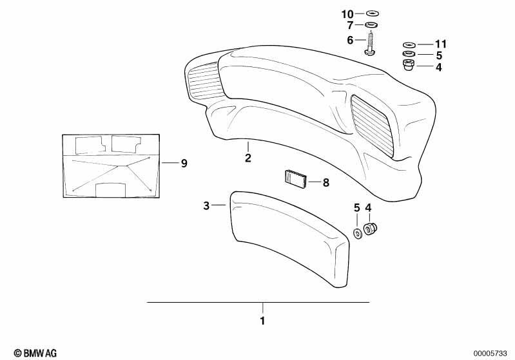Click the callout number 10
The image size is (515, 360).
[347, 14]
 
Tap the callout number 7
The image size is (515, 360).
[350, 25]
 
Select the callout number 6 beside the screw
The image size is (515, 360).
[350, 40]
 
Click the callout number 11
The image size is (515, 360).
[440, 44]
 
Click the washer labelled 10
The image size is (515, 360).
[372, 14]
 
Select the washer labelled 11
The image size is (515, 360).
[409, 44]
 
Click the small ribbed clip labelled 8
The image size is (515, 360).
[295, 179]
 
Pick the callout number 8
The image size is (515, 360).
[326, 182]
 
